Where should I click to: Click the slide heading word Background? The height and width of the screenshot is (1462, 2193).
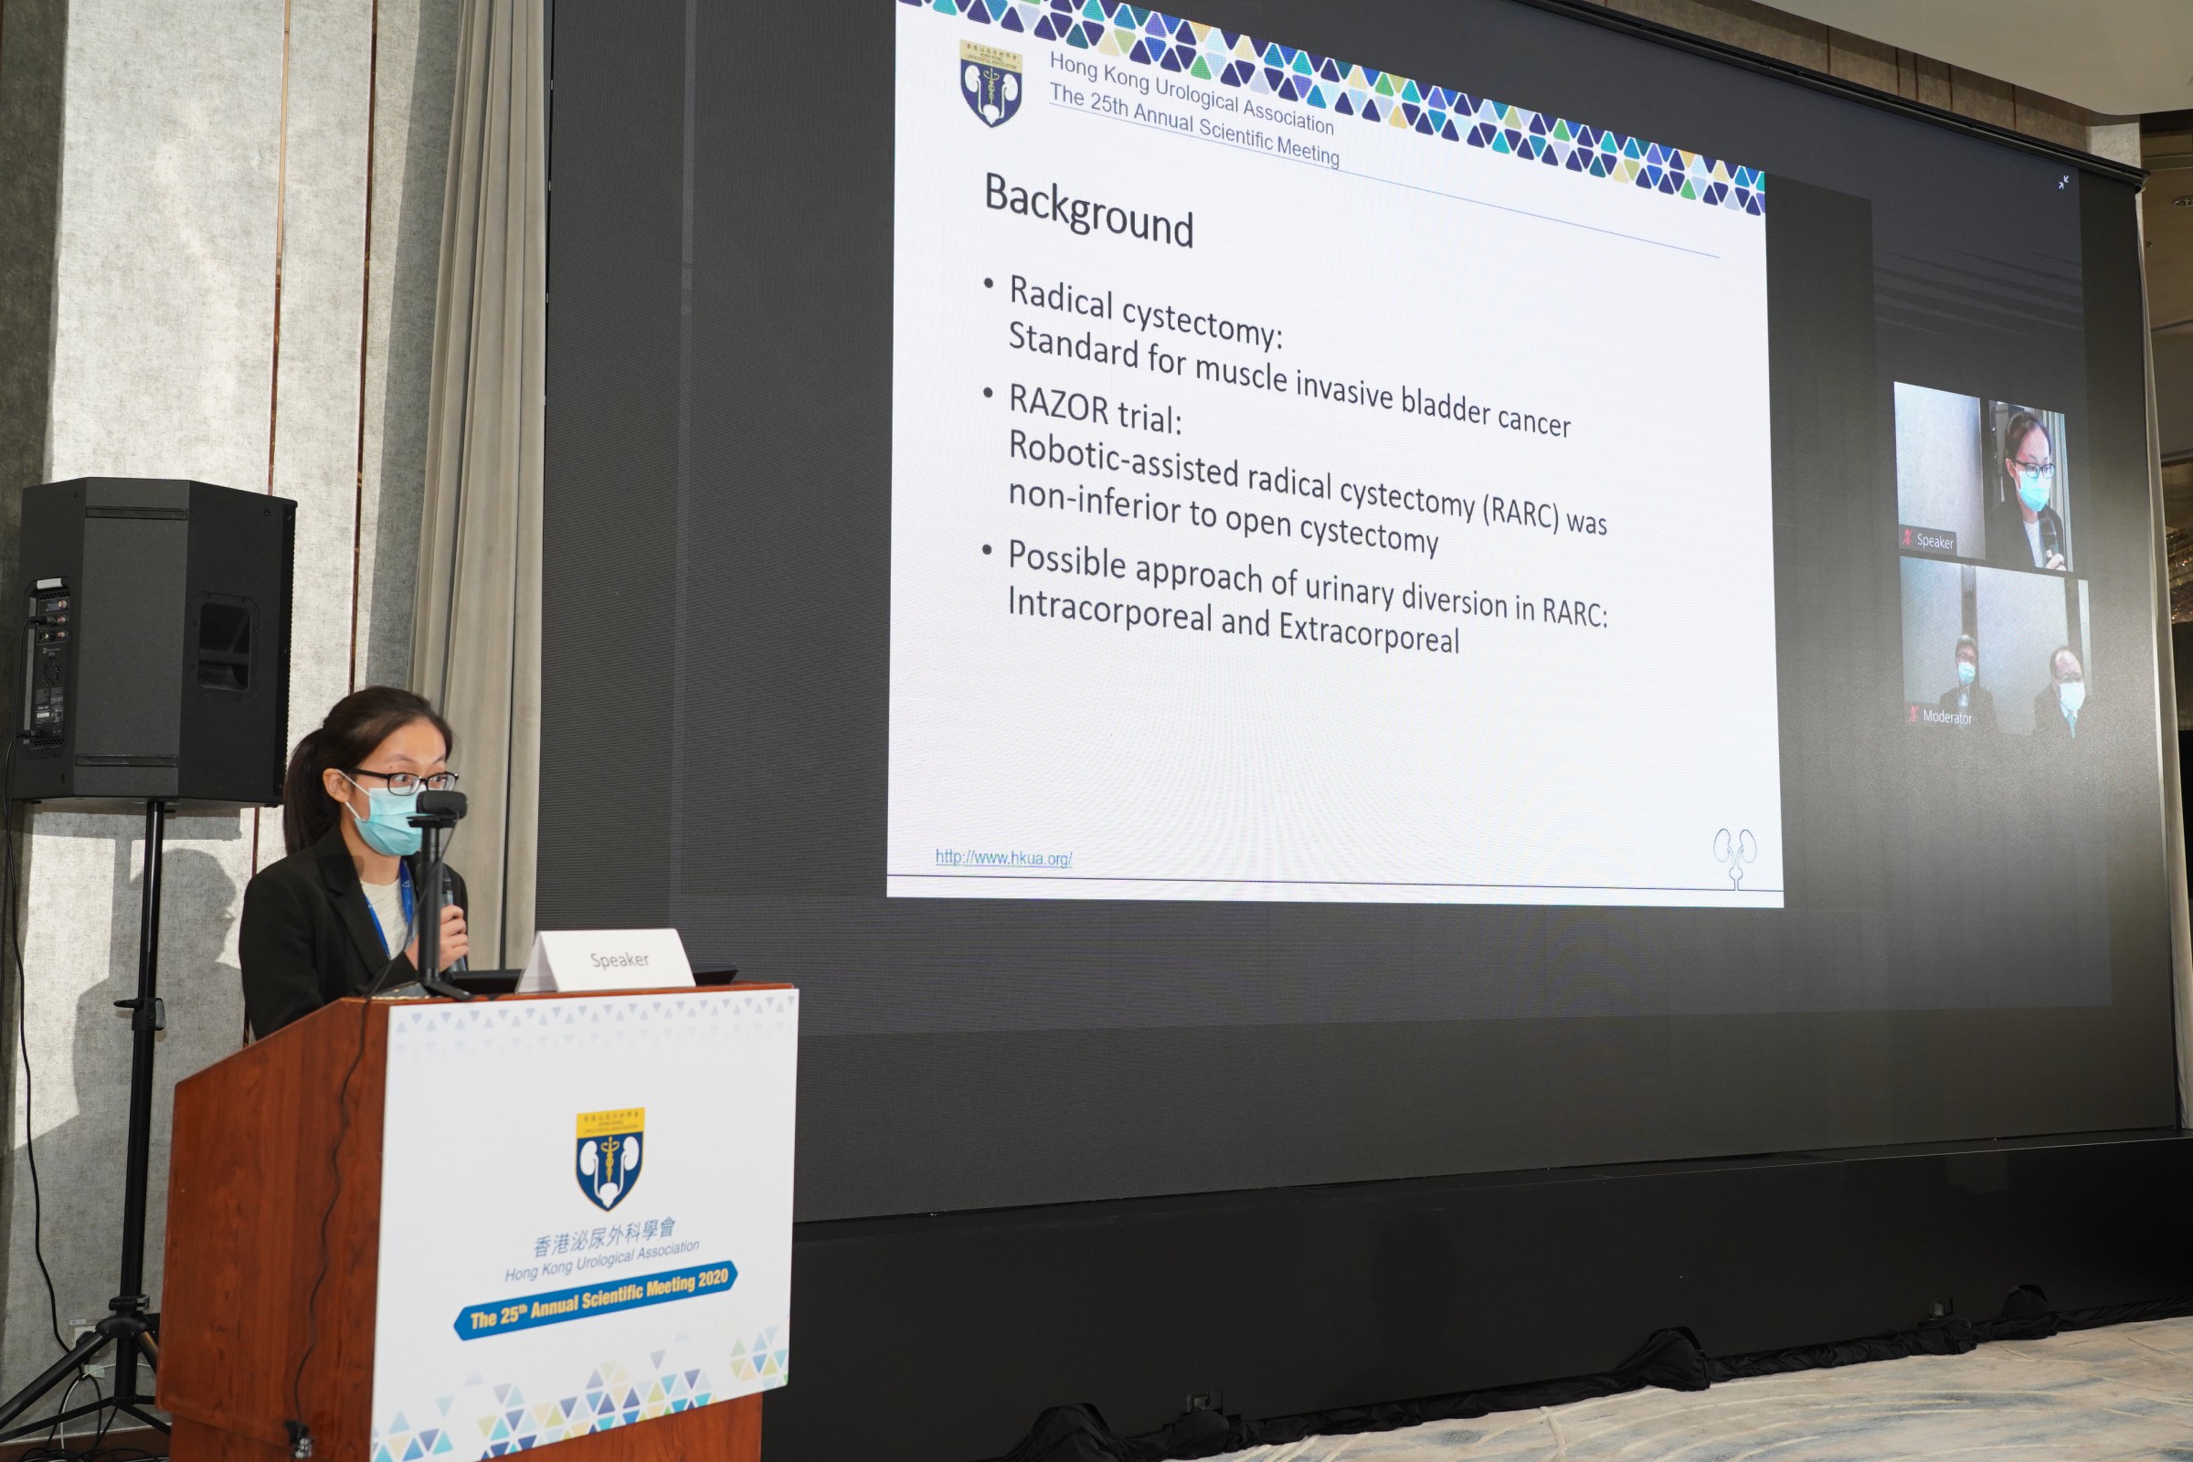[1088, 209]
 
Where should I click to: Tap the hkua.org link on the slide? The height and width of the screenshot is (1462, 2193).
[1003, 858]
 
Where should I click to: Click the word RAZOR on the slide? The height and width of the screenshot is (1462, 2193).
[1058, 408]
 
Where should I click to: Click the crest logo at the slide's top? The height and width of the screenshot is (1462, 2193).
[991, 82]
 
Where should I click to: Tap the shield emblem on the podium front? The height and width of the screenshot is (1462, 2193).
[609, 1159]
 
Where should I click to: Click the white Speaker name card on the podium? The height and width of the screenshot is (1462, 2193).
[607, 959]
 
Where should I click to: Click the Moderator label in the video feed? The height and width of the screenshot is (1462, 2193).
[1947, 717]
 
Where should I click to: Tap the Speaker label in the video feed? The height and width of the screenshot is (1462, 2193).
[1934, 541]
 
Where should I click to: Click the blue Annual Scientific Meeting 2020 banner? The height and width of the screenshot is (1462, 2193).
[597, 1300]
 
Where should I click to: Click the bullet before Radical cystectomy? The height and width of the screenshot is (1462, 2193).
[989, 281]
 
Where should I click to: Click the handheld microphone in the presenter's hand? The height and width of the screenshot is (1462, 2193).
[451, 918]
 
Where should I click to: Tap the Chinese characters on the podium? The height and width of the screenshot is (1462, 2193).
[605, 1238]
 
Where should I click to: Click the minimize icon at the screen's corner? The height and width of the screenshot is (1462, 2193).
[2063, 183]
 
